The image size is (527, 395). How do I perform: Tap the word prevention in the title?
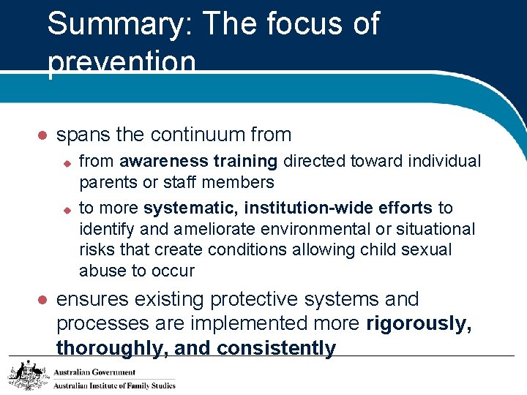click(122, 64)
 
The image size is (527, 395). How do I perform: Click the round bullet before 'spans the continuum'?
click(42, 136)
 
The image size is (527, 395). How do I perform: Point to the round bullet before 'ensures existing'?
click(42, 301)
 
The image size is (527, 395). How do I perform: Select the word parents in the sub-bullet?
click(105, 182)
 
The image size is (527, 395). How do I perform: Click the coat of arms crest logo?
click(26, 375)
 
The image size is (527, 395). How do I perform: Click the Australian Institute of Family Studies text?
click(115, 385)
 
